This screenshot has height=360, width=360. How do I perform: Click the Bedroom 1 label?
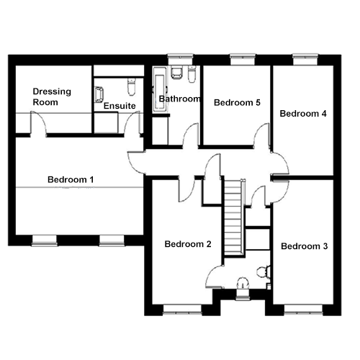pos(71,179)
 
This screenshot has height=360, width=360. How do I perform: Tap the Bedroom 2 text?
pos(188,244)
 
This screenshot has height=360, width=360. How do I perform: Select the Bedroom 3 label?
pos(305,246)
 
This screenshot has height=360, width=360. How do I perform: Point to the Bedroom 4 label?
pos(303,114)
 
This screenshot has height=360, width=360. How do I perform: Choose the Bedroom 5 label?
pos(237,102)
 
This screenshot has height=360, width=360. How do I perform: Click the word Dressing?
pos(52,91)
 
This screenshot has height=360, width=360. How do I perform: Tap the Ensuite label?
pos(120,106)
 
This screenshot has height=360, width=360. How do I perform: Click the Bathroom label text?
pos(179,99)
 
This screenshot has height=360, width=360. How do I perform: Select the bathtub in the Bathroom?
pos(160,91)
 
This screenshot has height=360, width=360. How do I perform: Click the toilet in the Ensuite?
pos(131,86)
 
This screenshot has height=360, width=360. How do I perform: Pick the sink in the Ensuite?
pos(99,94)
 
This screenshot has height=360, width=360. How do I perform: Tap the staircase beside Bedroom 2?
pos(233,217)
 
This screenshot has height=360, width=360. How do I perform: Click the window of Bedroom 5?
pos(243,59)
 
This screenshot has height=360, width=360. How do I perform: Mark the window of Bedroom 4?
pos(305,59)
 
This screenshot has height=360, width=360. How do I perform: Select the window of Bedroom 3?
pos(303,310)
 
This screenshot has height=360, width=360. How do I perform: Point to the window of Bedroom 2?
pos(182,310)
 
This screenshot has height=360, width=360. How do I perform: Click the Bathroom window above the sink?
pos(180,59)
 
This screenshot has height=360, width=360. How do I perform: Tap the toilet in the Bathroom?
pos(192,74)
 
